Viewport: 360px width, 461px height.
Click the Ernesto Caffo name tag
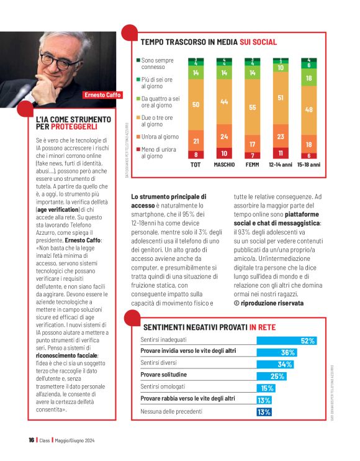pyautogui.click(x=103, y=95)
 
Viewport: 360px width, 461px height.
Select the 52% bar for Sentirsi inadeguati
pyautogui.click(x=286, y=340)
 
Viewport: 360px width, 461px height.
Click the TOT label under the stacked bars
pyautogui.click(x=196, y=165)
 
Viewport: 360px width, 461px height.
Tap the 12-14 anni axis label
pyautogui.click(x=280, y=165)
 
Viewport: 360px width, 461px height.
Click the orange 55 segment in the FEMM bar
pyautogui.click(x=252, y=107)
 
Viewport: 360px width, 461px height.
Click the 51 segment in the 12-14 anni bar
pyautogui.click(x=280, y=98)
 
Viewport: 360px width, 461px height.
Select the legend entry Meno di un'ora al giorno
pyautogui.click(x=159, y=152)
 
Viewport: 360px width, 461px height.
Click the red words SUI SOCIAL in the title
pyautogui.click(x=251, y=42)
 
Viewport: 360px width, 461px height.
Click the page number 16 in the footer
pyautogui.click(x=30, y=440)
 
